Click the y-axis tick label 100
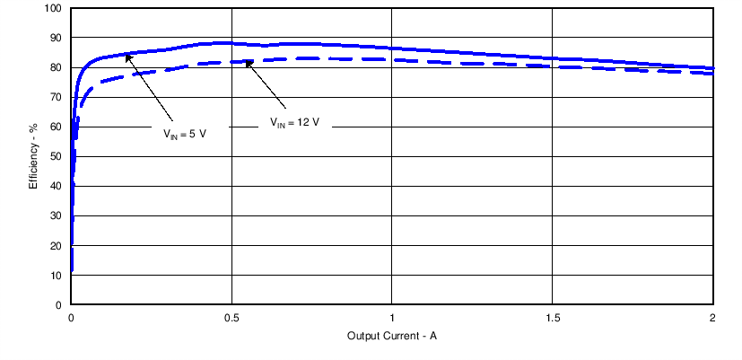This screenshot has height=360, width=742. pos(53,9)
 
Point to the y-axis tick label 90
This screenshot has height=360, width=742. pos(56,39)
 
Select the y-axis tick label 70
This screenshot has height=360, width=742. pos(56,98)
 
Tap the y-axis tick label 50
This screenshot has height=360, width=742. pos(56,157)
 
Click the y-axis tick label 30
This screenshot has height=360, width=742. pos(56,216)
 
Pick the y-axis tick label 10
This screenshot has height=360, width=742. pos(56,276)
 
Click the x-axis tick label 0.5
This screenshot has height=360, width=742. pos(231,318)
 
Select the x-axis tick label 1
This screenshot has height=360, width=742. pos(392,318)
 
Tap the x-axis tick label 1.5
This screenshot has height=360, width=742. pos(553,318)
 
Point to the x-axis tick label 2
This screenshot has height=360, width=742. pos(712,318)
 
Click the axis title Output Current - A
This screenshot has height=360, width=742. pos(392,337)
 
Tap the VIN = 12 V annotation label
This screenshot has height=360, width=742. pos(295,123)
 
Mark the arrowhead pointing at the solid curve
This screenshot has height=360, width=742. pos(127,57)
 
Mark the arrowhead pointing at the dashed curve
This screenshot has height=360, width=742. pos(248,63)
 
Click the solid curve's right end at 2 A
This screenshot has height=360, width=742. pos(713,68)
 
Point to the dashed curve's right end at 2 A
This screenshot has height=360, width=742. pos(713,74)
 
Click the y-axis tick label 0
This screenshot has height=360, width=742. pos(58,305)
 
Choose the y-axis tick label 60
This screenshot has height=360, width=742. pos(56,127)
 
